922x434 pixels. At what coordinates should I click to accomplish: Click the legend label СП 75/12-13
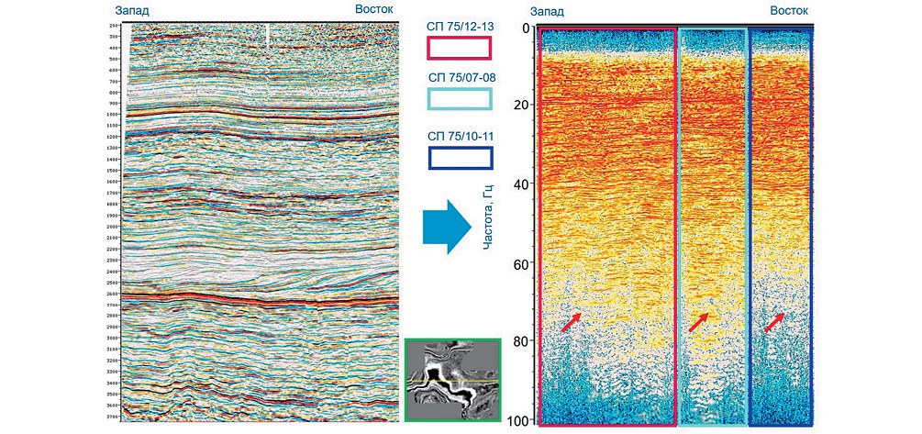pyautogui.click(x=461, y=27)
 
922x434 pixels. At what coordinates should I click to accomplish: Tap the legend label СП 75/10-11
pyautogui.click(x=461, y=136)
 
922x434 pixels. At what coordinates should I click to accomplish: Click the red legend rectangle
pyautogui.click(x=461, y=49)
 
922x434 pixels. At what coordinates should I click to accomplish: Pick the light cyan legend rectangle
pyautogui.click(x=461, y=99)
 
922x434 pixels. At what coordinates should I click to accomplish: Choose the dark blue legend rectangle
pyautogui.click(x=461, y=157)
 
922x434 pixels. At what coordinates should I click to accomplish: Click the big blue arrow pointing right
pyautogui.click(x=444, y=229)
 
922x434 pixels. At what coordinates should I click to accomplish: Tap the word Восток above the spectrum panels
pyautogui.click(x=788, y=10)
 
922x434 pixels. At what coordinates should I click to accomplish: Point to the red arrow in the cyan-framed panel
pyautogui.click(x=699, y=321)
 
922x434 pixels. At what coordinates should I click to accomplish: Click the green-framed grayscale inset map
pyautogui.click(x=451, y=380)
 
